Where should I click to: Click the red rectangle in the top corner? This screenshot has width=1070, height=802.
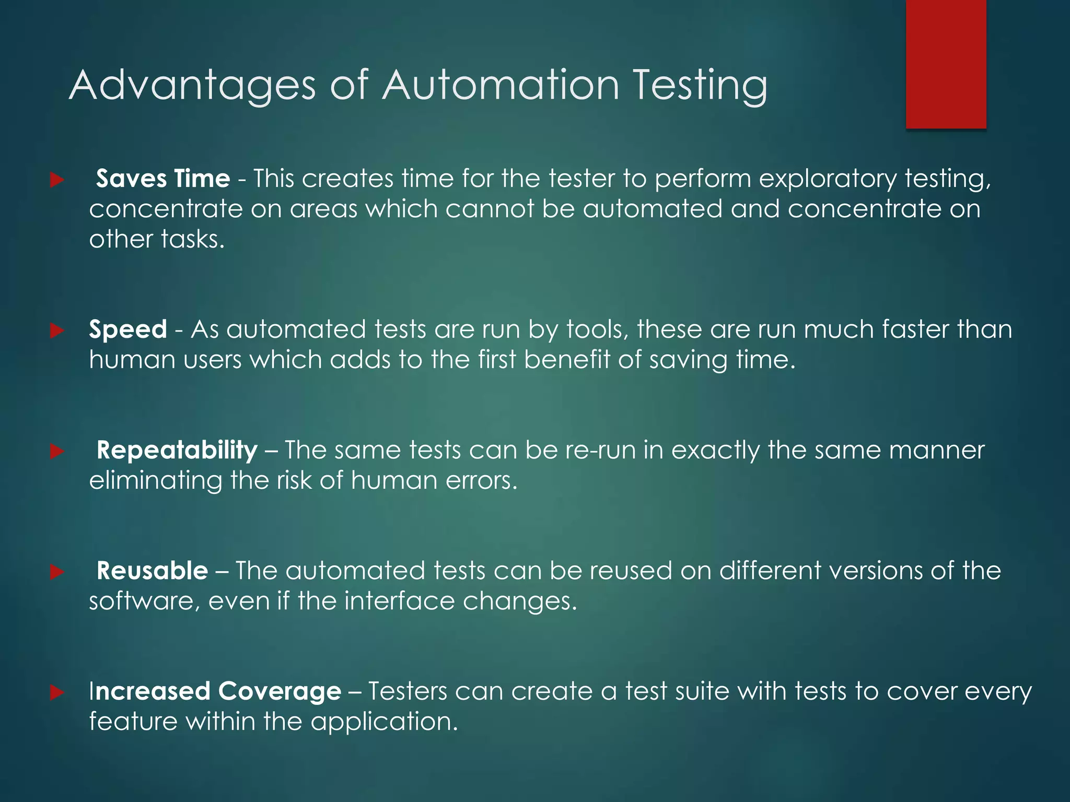(946, 64)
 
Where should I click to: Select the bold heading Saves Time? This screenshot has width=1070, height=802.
(162, 179)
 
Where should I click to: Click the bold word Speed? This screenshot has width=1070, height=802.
(128, 330)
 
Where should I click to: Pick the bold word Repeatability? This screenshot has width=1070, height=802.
(177, 451)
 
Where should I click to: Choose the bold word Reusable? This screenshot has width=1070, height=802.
(152, 571)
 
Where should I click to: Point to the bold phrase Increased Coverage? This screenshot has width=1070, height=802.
(215, 692)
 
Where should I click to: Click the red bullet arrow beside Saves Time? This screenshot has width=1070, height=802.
(56, 181)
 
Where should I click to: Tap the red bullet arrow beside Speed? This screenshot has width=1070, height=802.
(56, 331)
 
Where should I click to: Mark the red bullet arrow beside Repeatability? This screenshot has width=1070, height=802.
(56, 452)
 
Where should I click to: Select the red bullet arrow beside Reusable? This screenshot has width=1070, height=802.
(56, 572)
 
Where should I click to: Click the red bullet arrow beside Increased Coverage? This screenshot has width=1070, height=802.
(56, 693)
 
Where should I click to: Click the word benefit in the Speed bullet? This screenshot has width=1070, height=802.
(567, 360)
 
